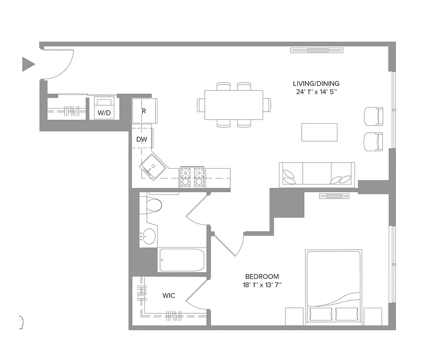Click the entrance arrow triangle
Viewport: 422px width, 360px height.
click(28, 64)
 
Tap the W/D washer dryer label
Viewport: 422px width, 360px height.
click(104, 113)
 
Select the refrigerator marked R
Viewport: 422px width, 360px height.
click(144, 111)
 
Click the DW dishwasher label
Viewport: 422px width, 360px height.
click(142, 139)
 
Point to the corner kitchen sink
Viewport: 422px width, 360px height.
click(153, 166)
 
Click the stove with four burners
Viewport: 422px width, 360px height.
click(193, 177)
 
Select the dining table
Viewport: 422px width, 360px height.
click(234, 105)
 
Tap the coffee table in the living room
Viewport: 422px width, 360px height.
click(319, 132)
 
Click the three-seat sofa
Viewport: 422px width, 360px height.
click(317, 175)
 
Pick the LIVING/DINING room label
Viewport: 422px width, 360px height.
click(316, 83)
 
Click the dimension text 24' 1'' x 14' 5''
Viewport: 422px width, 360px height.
click(316, 92)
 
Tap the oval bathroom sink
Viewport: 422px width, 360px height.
click(148, 236)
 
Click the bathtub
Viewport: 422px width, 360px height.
click(182, 260)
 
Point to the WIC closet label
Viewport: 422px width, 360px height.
click(169, 296)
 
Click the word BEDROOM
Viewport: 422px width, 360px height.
click(262, 276)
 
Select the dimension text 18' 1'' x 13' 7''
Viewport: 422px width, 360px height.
click(262, 285)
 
